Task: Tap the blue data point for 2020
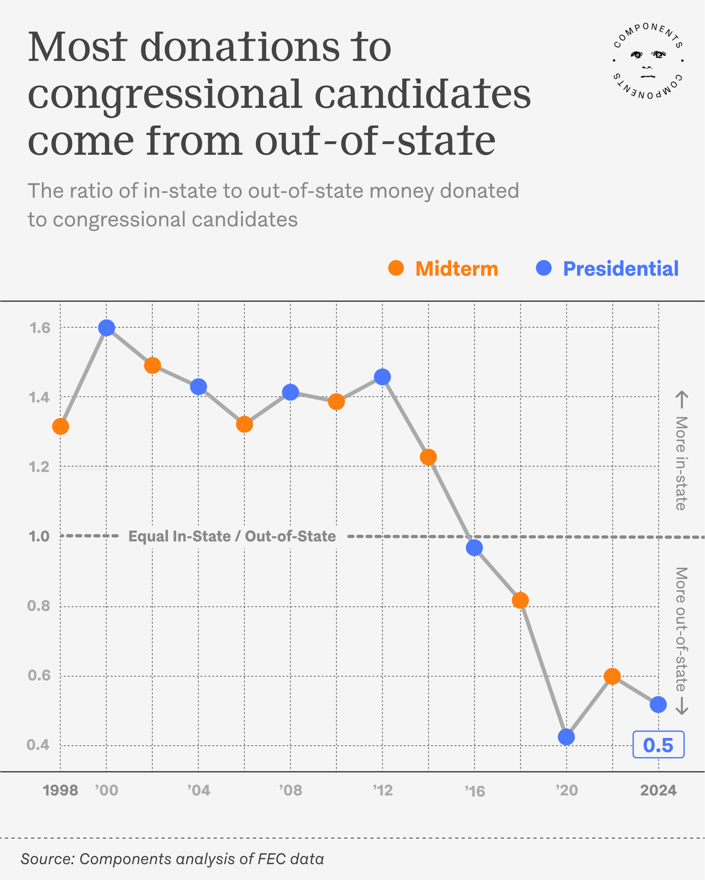click(x=566, y=737)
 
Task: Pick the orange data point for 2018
click(x=520, y=600)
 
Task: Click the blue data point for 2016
click(x=474, y=548)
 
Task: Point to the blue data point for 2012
click(x=382, y=377)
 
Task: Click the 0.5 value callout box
click(x=658, y=745)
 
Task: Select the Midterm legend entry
click(x=443, y=269)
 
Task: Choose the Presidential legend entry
click(x=607, y=269)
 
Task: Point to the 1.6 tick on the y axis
click(x=39, y=328)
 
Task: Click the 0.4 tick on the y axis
click(x=38, y=745)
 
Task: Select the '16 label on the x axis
click(x=475, y=791)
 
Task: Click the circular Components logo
click(x=648, y=61)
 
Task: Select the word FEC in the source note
click(x=273, y=859)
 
